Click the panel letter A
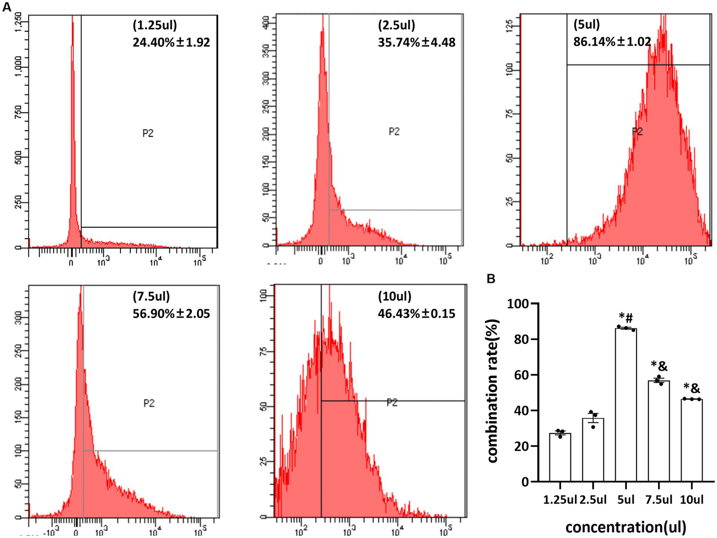click(x=7, y=7)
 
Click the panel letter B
click(x=491, y=279)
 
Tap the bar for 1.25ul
click(x=560, y=457)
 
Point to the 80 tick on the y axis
click(x=522, y=340)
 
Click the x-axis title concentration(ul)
click(x=625, y=527)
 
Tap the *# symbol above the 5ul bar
click(x=626, y=318)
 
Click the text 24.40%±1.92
click(x=171, y=42)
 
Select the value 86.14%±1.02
click(x=612, y=42)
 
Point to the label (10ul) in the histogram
click(x=394, y=297)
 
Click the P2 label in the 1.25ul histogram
click(x=148, y=134)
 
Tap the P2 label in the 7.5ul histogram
click(x=149, y=403)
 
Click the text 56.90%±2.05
click(x=171, y=313)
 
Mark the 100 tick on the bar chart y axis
click(x=519, y=304)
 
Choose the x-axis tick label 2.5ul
click(x=593, y=500)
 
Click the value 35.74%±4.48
click(x=416, y=42)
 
